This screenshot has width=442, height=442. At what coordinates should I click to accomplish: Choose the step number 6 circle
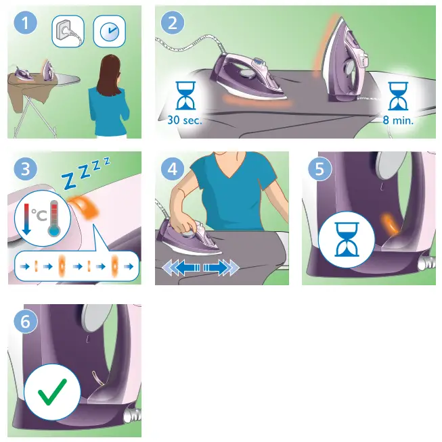(26, 322)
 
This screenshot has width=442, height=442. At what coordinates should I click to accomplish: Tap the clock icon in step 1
(108, 32)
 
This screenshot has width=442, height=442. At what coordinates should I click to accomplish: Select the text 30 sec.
(183, 121)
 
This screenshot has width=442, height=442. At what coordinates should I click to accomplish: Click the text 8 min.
(398, 121)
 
